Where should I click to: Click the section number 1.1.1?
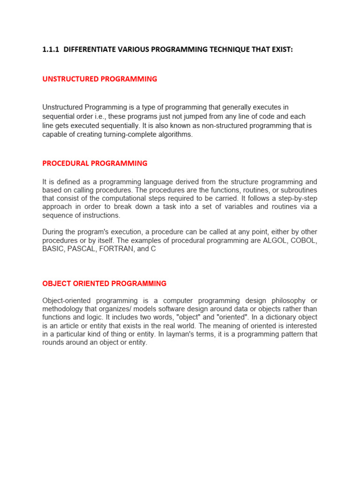click(51, 49)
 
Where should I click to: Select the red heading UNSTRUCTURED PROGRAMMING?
click(99, 79)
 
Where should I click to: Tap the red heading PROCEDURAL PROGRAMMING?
click(95, 163)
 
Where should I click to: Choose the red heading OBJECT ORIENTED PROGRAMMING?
click(104, 284)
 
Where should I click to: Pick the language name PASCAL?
click(80, 249)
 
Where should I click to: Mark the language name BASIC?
click(52, 249)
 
